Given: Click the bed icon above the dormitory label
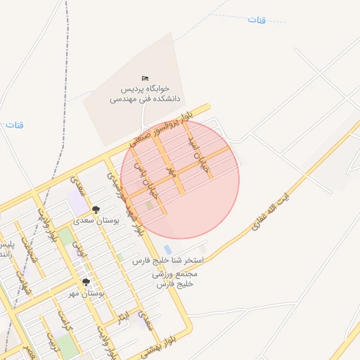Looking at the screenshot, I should point(145,78).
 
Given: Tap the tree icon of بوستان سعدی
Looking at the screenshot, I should point(96,210).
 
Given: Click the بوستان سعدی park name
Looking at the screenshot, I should point(97,220).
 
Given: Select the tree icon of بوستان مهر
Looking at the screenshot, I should point(86,282).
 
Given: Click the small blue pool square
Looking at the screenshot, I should point(167,250).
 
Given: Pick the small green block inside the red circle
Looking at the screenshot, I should point(148,205).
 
